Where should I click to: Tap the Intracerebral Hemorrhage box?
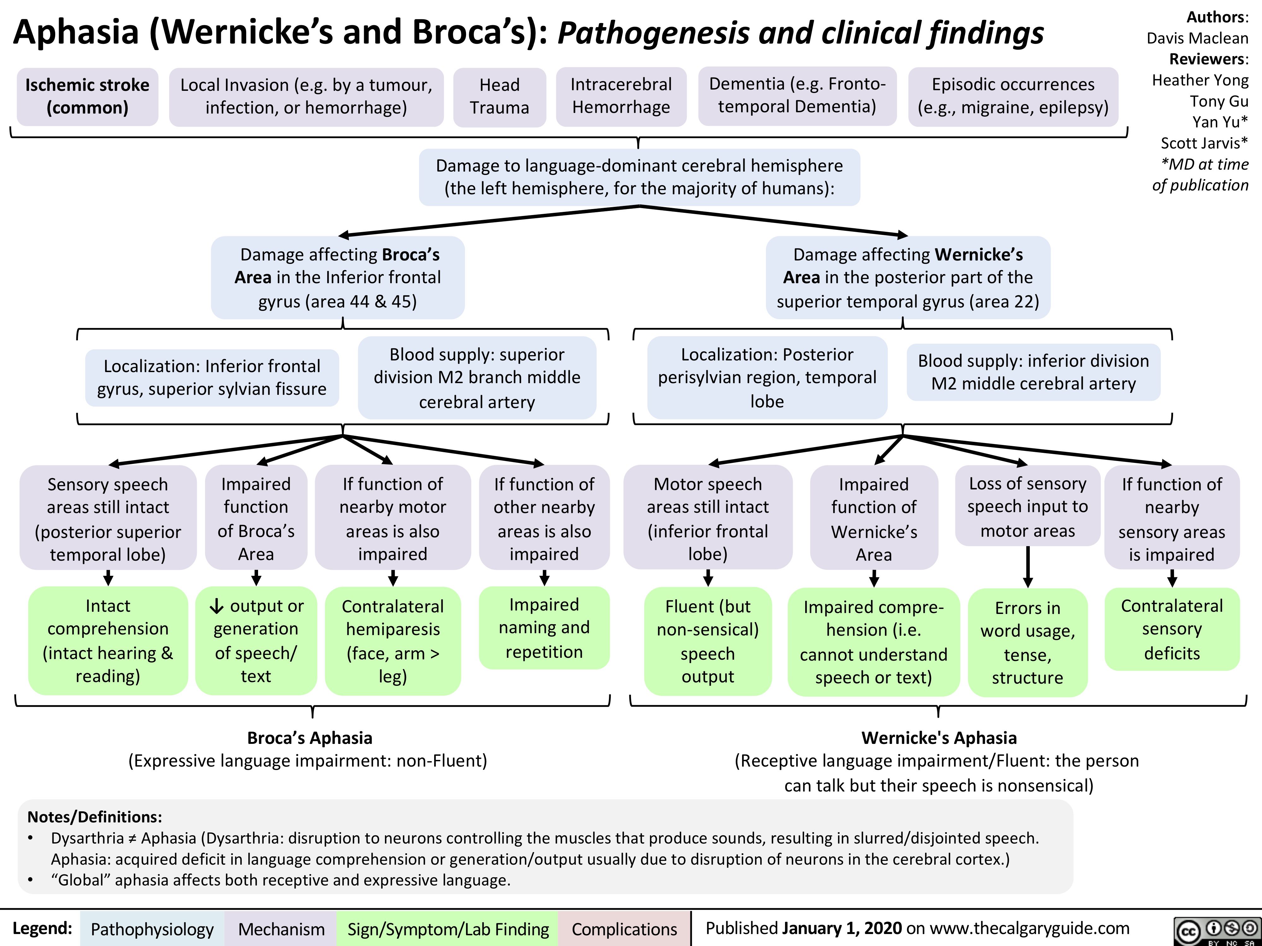(621, 96)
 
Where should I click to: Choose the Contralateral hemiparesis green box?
(392, 641)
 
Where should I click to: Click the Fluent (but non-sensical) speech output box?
(707, 641)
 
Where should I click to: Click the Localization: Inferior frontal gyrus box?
(212, 377)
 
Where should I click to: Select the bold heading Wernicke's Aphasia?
(939, 738)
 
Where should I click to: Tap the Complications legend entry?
(624, 929)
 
